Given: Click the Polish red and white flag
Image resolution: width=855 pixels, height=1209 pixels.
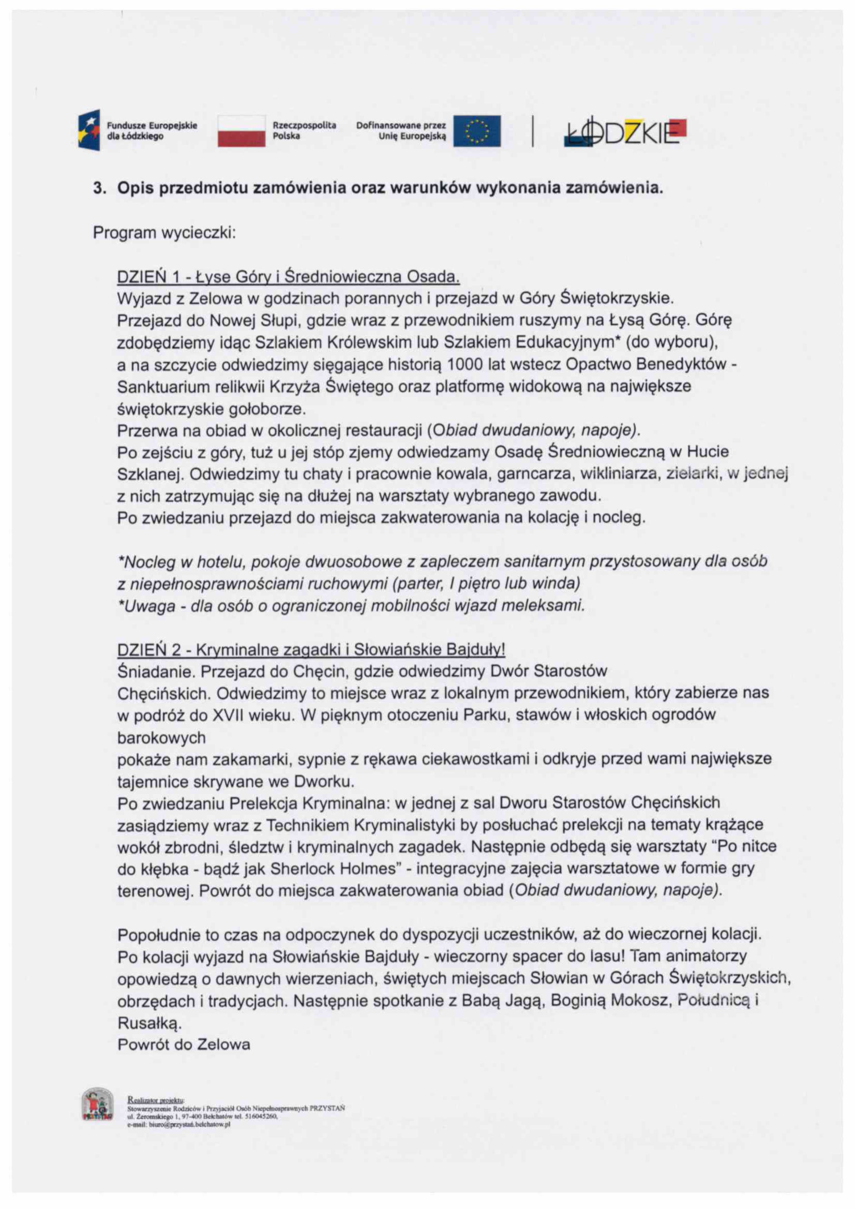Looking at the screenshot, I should (x=241, y=131).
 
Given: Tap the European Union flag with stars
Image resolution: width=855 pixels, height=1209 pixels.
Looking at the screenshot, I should (x=477, y=131).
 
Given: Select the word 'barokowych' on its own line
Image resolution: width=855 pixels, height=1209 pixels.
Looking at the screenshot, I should (x=161, y=738).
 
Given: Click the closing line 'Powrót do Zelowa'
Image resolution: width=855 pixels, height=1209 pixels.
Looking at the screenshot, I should (x=184, y=1044).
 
